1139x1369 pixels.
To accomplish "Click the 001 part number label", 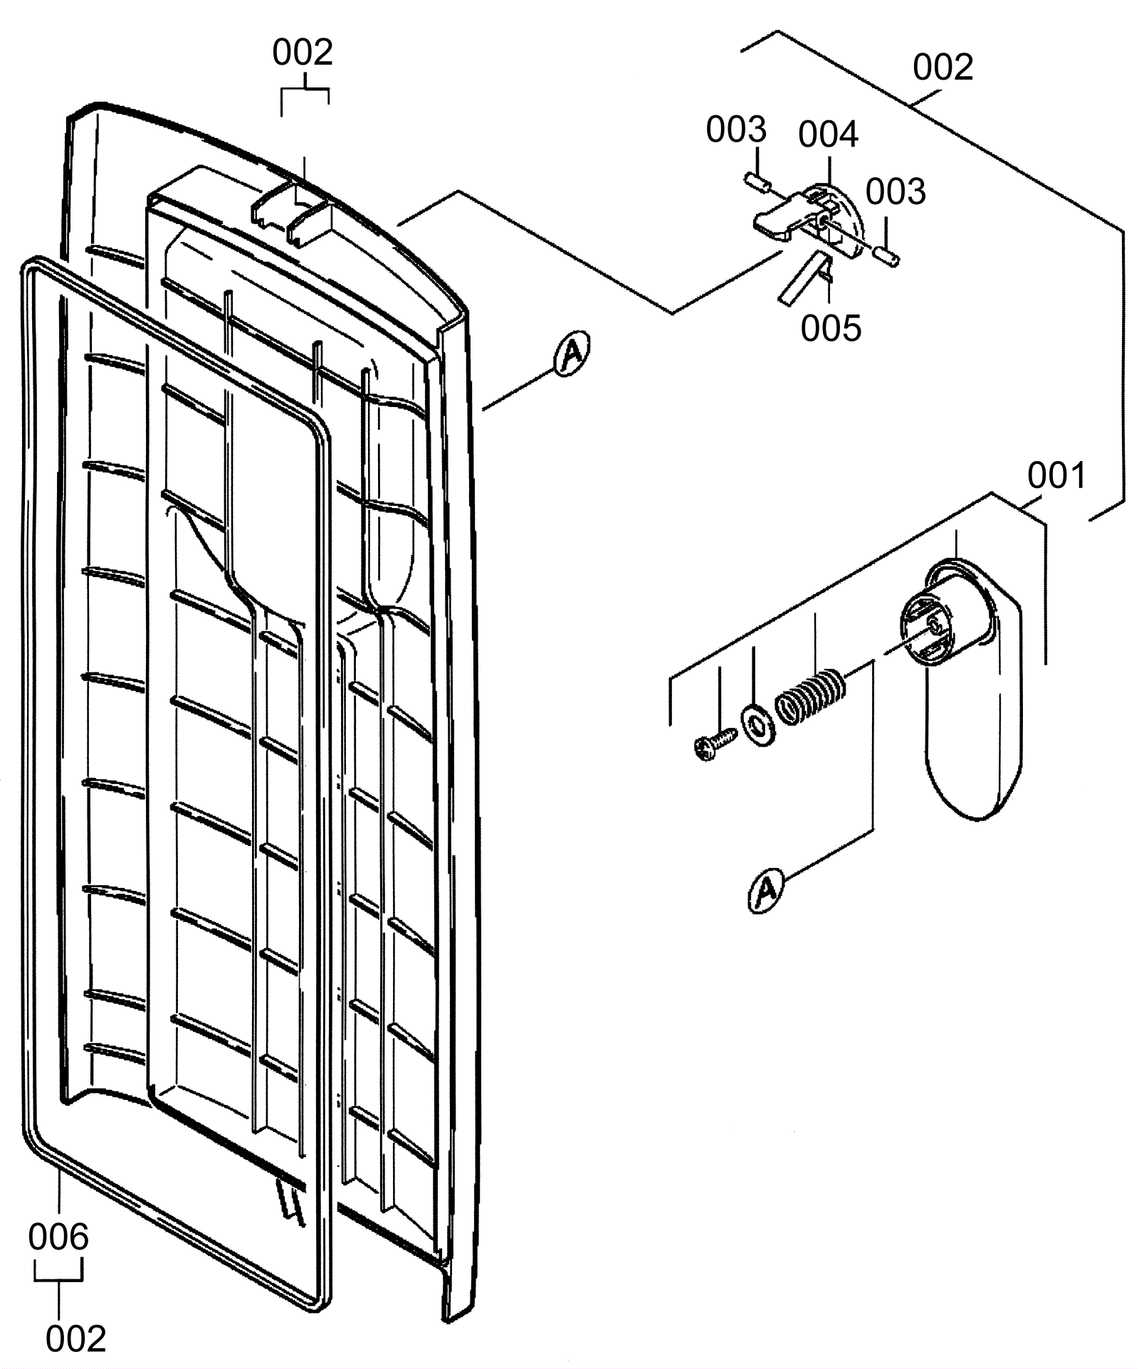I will pyautogui.click(x=1056, y=475).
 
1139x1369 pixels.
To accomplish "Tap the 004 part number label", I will pyautogui.click(x=828, y=134).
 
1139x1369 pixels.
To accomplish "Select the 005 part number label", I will pyautogui.click(x=831, y=328).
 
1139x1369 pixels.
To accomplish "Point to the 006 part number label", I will pyautogui.click(x=58, y=1237).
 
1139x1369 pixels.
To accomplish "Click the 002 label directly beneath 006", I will pyautogui.click(x=76, y=1339).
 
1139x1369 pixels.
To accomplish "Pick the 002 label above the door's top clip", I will pyautogui.click(x=303, y=53).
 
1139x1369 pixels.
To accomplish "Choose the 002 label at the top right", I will pyautogui.click(x=943, y=68).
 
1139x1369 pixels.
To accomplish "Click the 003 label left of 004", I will pyautogui.click(x=736, y=129).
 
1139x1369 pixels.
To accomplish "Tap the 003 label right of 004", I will pyautogui.click(x=896, y=191).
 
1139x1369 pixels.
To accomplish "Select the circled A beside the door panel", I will pyautogui.click(x=571, y=353).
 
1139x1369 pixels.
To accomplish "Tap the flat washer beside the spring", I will pyautogui.click(x=759, y=726).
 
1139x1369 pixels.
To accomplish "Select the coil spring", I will pyautogui.click(x=810, y=695).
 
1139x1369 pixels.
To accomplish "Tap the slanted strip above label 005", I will pyautogui.click(x=802, y=277).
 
